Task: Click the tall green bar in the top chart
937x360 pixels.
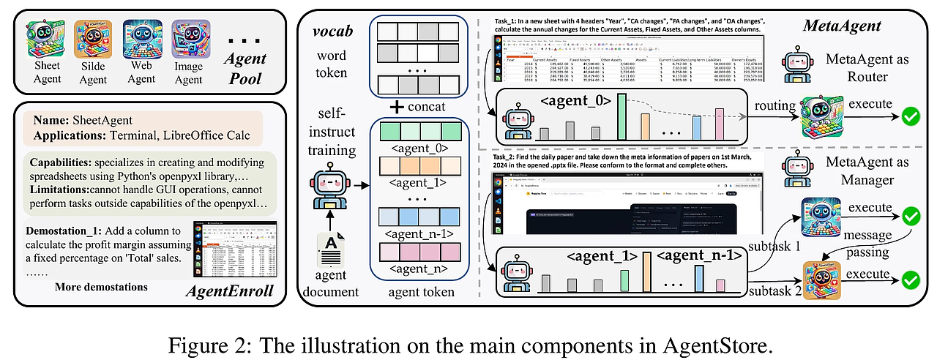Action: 621,116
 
